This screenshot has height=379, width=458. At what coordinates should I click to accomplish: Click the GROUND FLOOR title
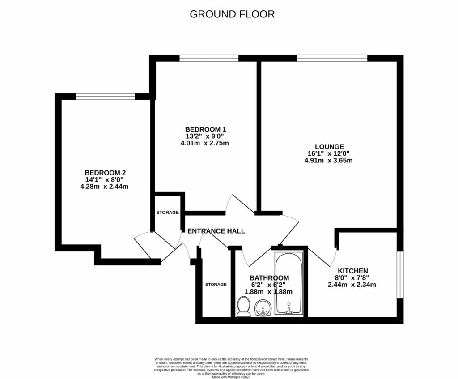[x=232, y=14]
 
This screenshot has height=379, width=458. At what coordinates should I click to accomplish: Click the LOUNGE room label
[x=329, y=146]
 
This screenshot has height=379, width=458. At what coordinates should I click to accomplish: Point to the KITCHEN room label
[x=352, y=271]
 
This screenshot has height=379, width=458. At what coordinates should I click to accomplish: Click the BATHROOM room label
[x=269, y=278]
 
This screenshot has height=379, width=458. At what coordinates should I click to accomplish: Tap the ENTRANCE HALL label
[x=216, y=231]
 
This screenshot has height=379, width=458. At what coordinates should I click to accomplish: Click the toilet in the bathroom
[x=244, y=307]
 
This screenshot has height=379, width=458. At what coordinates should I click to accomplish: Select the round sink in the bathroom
[x=263, y=308]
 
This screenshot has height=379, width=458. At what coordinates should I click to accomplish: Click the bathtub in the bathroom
[x=288, y=284]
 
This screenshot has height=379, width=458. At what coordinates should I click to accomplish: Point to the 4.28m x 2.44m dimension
[x=104, y=187]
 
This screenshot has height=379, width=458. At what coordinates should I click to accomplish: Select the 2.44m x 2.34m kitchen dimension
[x=352, y=285]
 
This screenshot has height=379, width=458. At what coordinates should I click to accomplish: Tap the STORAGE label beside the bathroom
[x=216, y=285]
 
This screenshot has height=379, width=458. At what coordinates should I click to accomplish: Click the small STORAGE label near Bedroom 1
[x=167, y=212]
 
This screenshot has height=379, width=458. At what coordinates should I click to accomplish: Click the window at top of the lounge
[x=331, y=58]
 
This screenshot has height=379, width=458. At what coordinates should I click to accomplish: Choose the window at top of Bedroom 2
[x=105, y=96]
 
